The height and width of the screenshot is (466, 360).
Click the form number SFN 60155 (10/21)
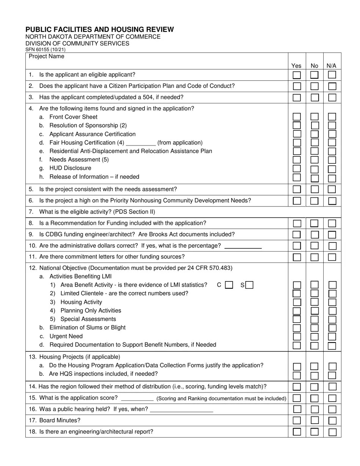tap(45, 50)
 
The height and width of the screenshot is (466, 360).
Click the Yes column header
tap(296, 66)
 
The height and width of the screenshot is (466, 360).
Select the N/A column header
tap(332, 66)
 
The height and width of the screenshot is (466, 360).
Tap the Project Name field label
tap(47, 56)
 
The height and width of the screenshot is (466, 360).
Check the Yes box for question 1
tap(297, 75)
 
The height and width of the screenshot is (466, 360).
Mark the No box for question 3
tap(315, 97)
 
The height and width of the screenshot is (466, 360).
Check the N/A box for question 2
tap(332, 86)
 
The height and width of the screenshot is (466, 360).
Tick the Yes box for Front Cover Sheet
tap(297, 117)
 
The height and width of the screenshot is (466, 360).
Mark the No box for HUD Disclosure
tap(315, 169)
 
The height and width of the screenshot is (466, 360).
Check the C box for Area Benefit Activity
tap(229, 285)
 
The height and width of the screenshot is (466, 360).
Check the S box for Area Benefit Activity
tap(249, 285)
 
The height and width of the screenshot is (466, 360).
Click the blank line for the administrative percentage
tap(243, 247)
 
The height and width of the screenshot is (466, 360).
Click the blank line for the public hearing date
tap(182, 410)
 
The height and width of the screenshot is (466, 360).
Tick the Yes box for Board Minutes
tap(297, 421)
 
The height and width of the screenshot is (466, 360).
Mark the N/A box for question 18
tap(332, 432)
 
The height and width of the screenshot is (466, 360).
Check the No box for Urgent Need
tap(315, 336)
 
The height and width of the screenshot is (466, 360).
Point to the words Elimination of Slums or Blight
tap(88, 328)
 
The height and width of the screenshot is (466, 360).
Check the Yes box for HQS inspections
tap(297, 375)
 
